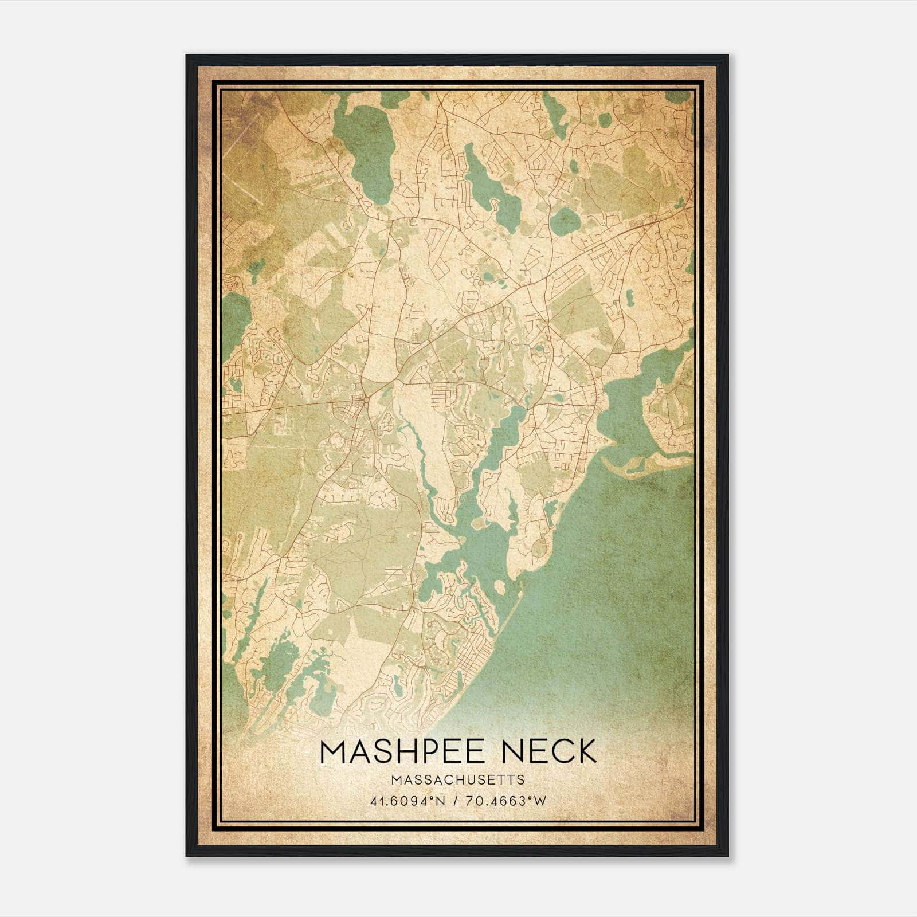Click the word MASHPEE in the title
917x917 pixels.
(x=399, y=751)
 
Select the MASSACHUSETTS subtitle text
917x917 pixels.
(x=458, y=779)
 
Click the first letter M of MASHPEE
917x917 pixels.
(x=334, y=751)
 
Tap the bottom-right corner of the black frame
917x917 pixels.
(x=727, y=855)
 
